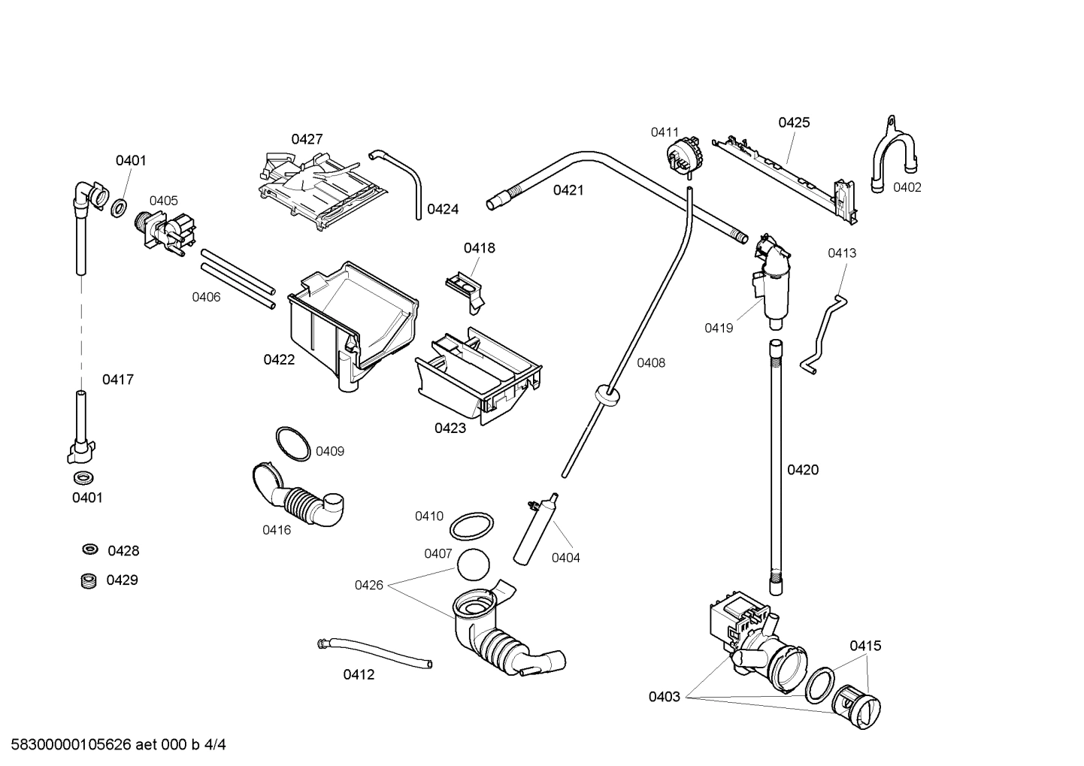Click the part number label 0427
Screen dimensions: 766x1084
pyautogui.click(x=307, y=139)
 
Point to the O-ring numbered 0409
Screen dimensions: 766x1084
pyautogui.click(x=292, y=444)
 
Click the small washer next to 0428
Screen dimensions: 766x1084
pyautogui.click(x=90, y=550)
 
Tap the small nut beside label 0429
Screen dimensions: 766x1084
pyautogui.click(x=89, y=580)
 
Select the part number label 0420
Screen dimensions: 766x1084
pyautogui.click(x=802, y=470)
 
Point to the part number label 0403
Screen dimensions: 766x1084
pyautogui.click(x=664, y=697)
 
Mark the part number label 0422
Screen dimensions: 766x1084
pyautogui.click(x=279, y=359)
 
